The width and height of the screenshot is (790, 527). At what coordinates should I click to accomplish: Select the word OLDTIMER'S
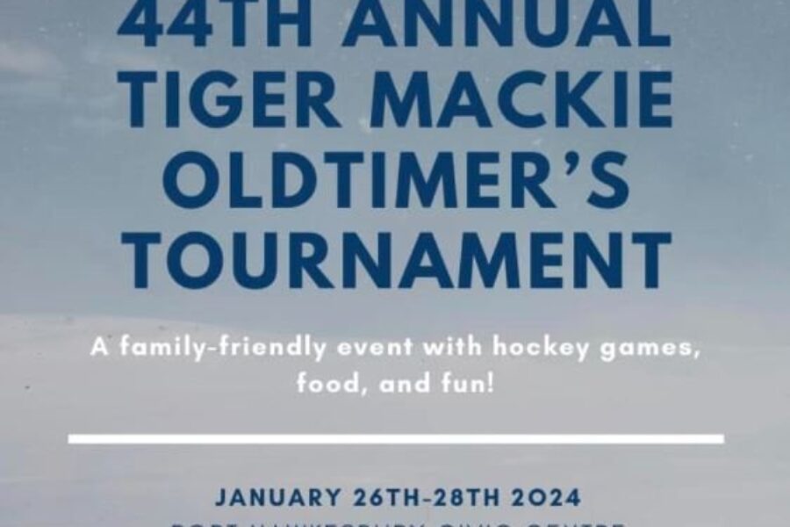click(x=396, y=181)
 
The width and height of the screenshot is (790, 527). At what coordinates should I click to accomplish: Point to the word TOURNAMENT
click(x=396, y=260)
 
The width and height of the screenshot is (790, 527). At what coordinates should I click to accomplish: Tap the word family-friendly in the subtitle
click(x=214, y=348)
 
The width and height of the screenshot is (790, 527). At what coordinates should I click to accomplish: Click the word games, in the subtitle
click(x=650, y=349)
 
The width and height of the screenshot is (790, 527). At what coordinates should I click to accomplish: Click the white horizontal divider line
click(x=396, y=438)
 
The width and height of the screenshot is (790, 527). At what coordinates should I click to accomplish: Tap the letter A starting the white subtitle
click(x=97, y=348)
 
